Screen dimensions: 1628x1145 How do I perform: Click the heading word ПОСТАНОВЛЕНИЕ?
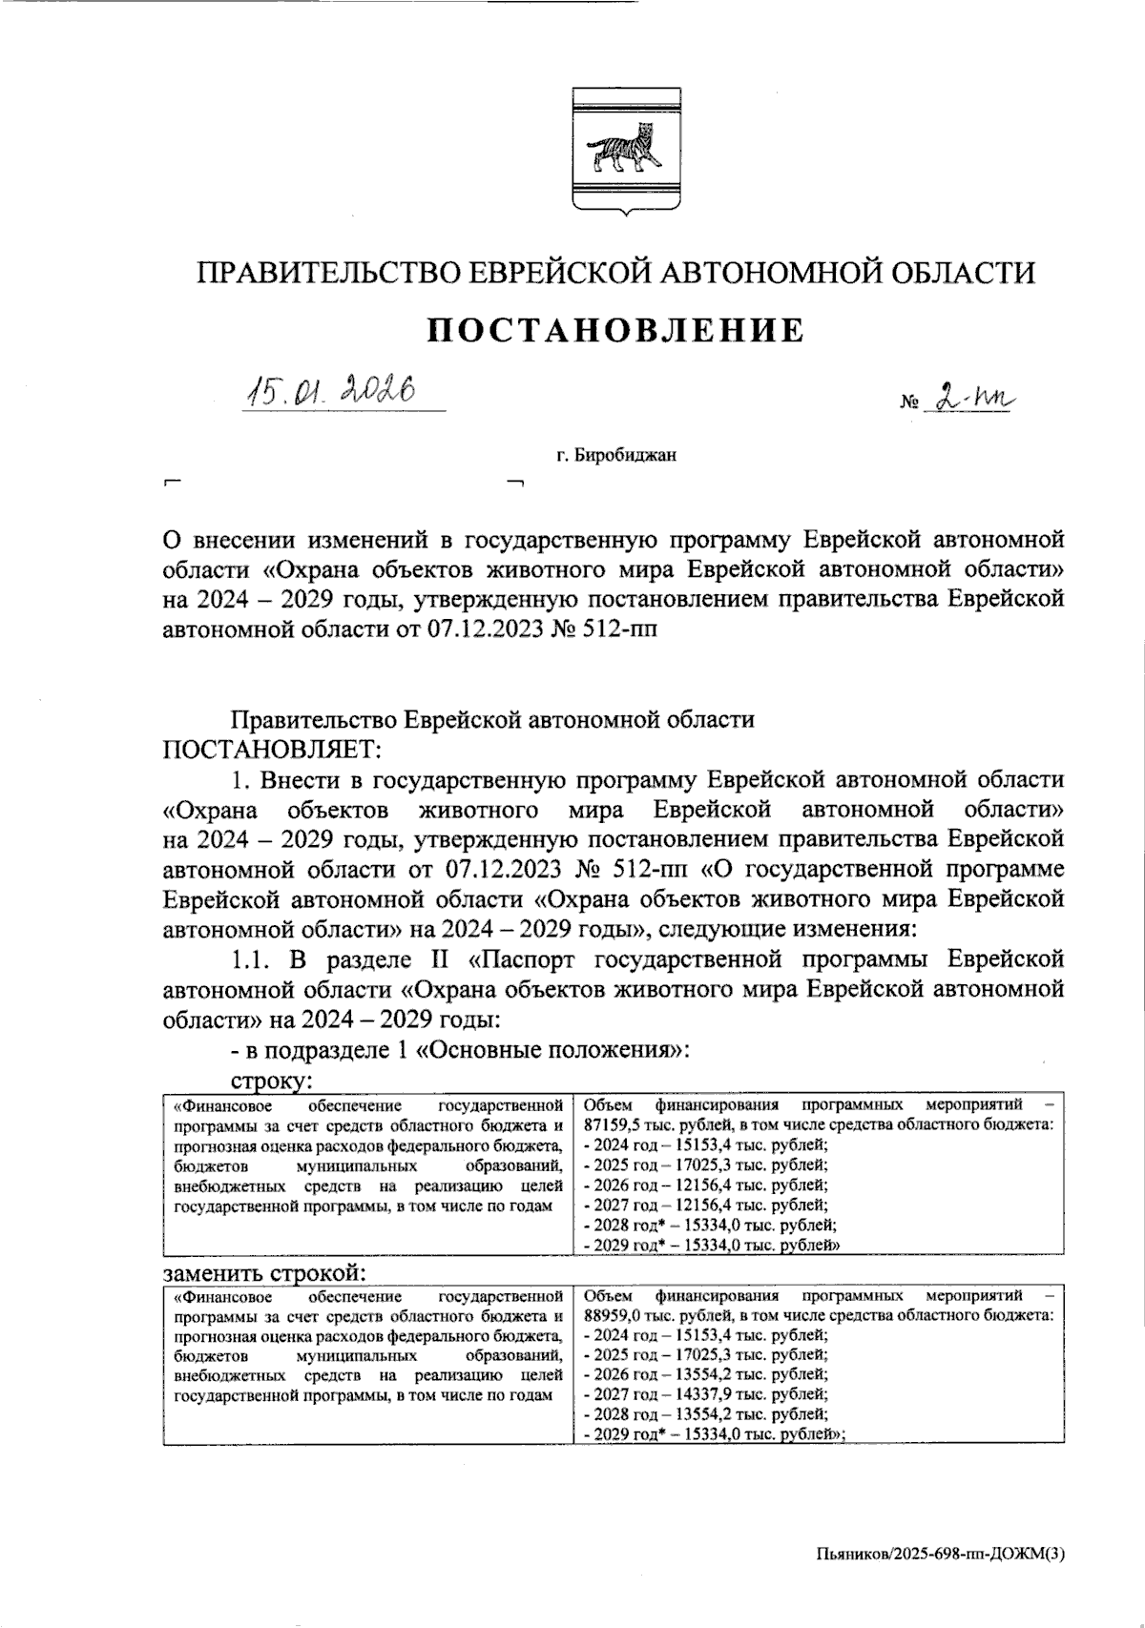[614, 330]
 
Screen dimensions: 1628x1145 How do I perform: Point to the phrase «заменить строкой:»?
[266, 1273]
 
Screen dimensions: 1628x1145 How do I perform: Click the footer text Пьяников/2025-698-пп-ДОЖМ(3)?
[941, 1554]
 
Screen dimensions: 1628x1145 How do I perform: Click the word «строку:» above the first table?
[272, 1082]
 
